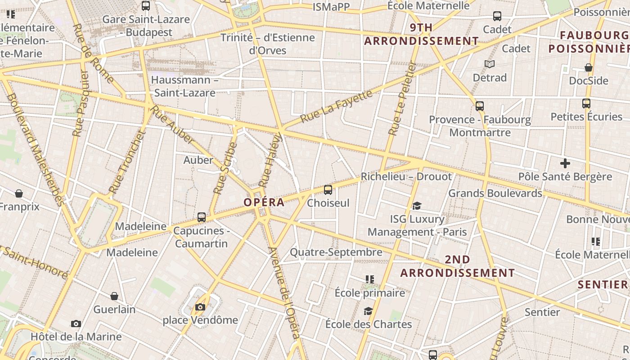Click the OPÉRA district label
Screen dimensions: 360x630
264,202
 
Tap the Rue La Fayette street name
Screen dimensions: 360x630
337,106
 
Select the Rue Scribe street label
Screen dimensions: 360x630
225,168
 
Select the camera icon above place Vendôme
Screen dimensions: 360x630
200,307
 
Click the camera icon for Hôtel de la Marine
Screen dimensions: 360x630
76,324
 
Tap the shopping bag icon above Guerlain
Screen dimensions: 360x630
114,296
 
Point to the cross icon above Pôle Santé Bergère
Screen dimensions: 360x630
565,163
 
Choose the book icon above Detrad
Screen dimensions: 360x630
490,64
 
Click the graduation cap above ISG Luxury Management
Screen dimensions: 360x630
417,206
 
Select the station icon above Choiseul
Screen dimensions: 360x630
328,190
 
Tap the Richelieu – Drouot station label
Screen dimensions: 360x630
406,176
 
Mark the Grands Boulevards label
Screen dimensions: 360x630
495,193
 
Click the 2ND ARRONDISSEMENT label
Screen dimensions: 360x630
457,266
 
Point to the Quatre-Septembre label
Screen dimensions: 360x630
336,252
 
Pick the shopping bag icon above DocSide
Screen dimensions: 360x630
588,67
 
